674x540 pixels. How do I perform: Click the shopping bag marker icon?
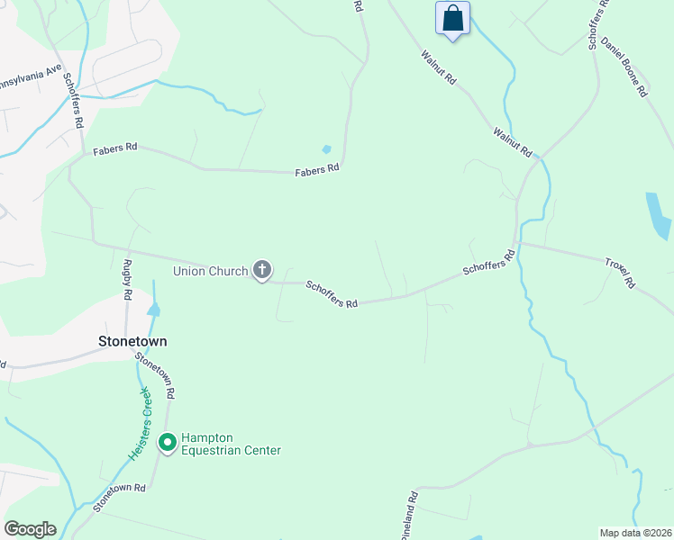click(452, 19)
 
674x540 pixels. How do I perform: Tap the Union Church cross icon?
click(262, 269)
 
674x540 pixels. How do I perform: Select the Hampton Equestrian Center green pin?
click(167, 443)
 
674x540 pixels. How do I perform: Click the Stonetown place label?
click(132, 342)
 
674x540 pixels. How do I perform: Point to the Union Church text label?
click(211, 270)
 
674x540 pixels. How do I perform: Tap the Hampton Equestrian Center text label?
click(232, 445)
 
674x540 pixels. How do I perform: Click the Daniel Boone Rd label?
click(624, 67)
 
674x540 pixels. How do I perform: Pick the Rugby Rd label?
click(127, 280)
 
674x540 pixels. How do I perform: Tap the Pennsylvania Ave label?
click(29, 78)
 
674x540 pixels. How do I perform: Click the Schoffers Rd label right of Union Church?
click(332, 294)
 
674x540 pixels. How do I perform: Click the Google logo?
click(30, 529)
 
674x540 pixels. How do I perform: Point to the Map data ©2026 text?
click(635, 533)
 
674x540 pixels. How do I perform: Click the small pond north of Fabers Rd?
click(326, 149)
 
